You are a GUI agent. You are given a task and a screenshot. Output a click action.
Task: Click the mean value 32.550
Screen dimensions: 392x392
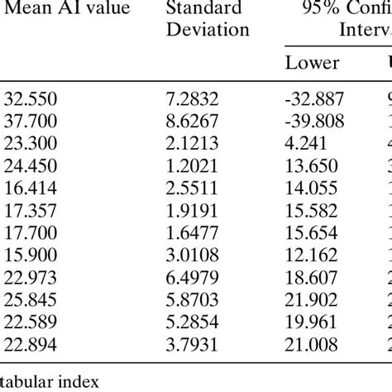coord(29,98)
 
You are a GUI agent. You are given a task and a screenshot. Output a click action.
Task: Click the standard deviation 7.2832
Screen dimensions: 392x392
coord(192,98)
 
